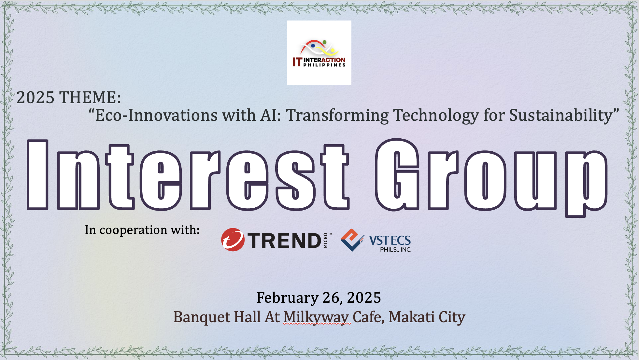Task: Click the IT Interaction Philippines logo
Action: click(319, 53)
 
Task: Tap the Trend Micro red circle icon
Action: click(233, 240)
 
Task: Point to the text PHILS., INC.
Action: click(396, 250)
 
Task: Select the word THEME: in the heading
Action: click(90, 97)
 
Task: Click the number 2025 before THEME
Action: click(35, 97)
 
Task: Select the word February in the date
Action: click(288, 298)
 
